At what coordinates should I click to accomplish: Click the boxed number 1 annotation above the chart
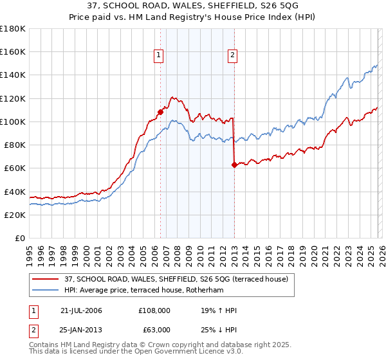pyautogui.click(x=159, y=56)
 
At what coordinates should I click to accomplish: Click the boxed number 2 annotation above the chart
pyautogui.click(x=232, y=56)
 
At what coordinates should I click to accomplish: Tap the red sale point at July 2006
pyautogui.click(x=160, y=111)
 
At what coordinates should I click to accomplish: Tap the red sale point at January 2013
pyautogui.click(x=234, y=165)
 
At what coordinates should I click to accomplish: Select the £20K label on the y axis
pyautogui.click(x=14, y=215)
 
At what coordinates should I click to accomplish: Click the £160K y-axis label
pyautogui.click(x=12, y=51)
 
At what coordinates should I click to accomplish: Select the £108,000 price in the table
pyautogui.click(x=154, y=310)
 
